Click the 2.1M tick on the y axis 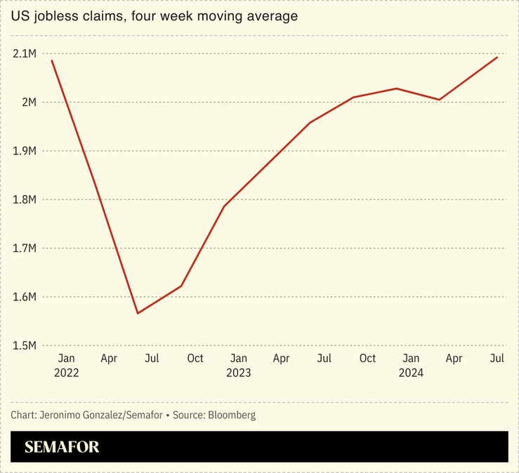coord(25,54)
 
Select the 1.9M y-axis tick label coord(25,151)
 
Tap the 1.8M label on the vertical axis coord(25,200)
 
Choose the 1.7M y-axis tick coord(25,248)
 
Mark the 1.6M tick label coord(25,297)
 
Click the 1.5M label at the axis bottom coord(25,345)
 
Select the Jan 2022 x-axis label coord(66,366)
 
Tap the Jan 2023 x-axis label coord(238,366)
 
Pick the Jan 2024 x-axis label coord(411,366)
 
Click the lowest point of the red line coord(138,313)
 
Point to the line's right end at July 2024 coord(497,58)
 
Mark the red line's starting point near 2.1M coord(52,61)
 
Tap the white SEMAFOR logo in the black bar coord(62,447)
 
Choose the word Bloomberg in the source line coord(232,415)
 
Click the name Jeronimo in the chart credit coord(60,415)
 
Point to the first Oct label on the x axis coord(195,359)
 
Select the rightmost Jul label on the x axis coord(497,359)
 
